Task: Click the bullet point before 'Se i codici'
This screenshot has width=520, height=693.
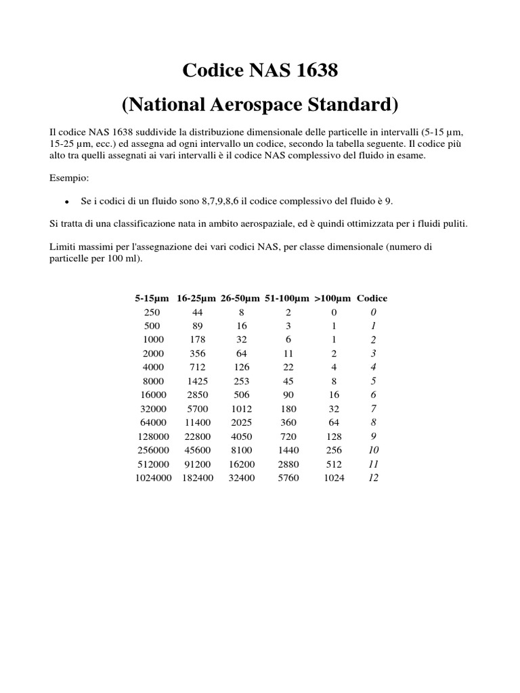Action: pyautogui.click(x=66, y=201)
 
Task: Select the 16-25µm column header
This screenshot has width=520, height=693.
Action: pyautogui.click(x=196, y=298)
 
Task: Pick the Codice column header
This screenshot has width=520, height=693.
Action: pyautogui.click(x=372, y=298)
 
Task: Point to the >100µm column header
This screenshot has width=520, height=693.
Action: pyautogui.click(x=332, y=298)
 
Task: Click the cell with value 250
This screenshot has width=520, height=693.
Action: pyautogui.click(x=153, y=312)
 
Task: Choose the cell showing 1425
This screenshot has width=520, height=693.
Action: pyautogui.click(x=196, y=380)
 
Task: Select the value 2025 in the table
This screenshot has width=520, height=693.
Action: pyautogui.click(x=242, y=422)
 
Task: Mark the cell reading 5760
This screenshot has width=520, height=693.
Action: pyautogui.click(x=288, y=478)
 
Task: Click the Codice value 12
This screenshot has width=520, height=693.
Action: pyautogui.click(x=373, y=478)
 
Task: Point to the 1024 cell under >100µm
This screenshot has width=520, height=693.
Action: pyautogui.click(x=333, y=478)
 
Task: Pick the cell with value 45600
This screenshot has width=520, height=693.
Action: pyautogui.click(x=196, y=450)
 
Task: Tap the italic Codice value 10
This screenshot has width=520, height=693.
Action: pyautogui.click(x=373, y=450)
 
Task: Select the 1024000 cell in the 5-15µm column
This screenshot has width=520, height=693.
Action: pyautogui.click(x=153, y=478)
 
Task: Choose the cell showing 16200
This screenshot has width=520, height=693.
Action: pyautogui.click(x=242, y=464)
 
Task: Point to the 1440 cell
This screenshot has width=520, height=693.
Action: pyautogui.click(x=288, y=450)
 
